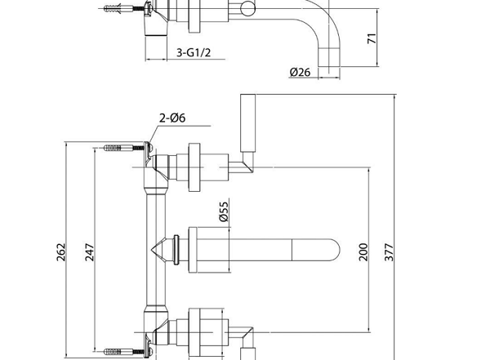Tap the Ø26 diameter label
coord(300,73)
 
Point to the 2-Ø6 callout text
coord(171,119)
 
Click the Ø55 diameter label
coord(223,214)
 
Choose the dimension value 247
coord(91,253)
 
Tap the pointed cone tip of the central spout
coord(155,247)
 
